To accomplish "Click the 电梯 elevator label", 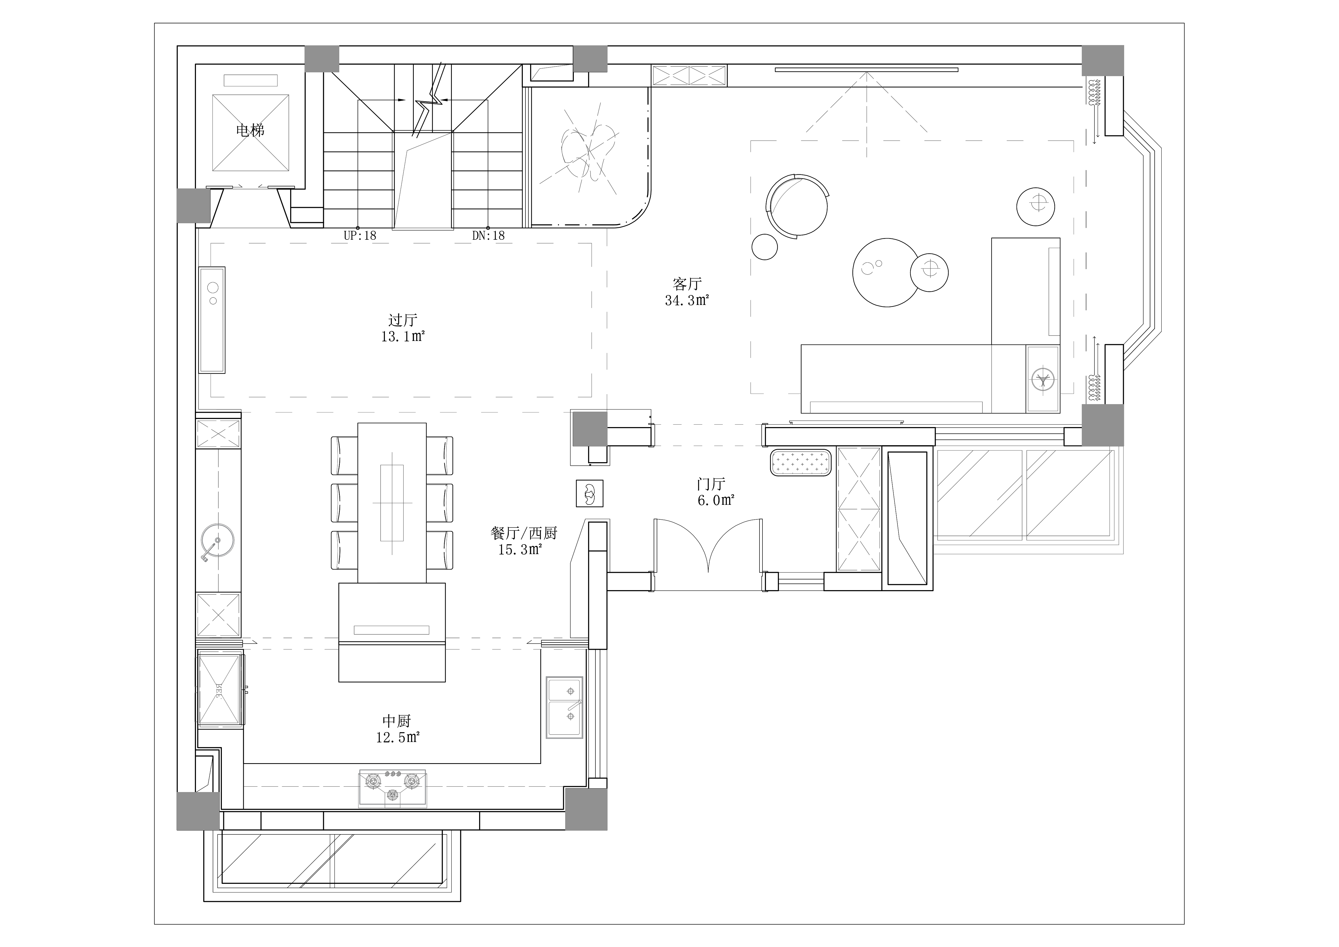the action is [x=250, y=130].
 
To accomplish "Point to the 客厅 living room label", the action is [x=687, y=284].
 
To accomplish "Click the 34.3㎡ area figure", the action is [x=687, y=301].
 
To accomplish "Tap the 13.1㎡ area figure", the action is [x=403, y=336].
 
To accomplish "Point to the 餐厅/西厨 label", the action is [x=524, y=533].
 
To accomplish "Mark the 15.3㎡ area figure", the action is [x=521, y=549].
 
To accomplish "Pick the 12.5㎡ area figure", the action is [x=398, y=738].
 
